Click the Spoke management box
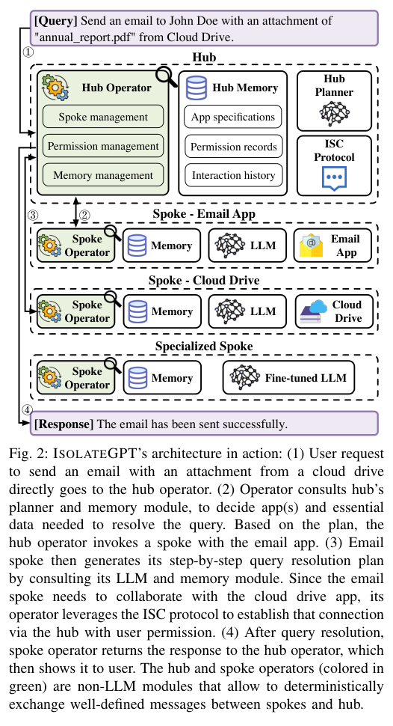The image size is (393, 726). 103,117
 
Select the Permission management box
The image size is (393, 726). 103,146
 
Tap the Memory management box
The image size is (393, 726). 103,175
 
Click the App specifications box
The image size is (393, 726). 233,117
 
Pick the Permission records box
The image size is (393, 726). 233,146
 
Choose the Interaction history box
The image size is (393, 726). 233,175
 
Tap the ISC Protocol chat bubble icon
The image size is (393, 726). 334,179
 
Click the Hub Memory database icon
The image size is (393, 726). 196,88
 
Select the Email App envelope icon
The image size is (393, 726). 312,245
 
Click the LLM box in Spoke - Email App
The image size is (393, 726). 247,245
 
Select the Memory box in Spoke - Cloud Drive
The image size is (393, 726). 161,311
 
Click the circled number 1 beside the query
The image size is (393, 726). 28,52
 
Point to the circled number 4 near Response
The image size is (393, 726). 27,410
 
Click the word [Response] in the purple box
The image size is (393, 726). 64,424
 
